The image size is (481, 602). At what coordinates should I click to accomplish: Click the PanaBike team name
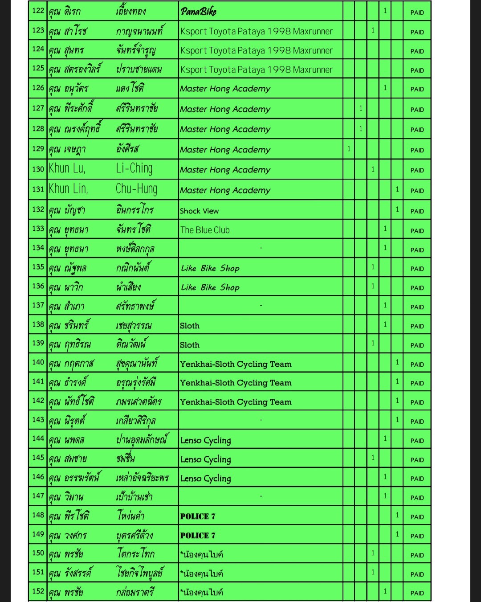tap(199, 12)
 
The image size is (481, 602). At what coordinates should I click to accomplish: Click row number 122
tap(38, 11)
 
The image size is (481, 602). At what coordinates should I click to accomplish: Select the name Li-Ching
tap(134, 168)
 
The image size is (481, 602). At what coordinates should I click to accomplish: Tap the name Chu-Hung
tap(136, 189)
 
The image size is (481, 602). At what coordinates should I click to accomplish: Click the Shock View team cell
tap(199, 211)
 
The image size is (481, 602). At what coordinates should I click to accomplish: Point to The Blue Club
tap(205, 230)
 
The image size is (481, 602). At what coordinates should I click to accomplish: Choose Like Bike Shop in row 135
tap(210, 268)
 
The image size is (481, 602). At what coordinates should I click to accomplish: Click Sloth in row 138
tap(190, 326)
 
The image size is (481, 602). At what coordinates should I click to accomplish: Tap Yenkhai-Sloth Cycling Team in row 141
tap(236, 383)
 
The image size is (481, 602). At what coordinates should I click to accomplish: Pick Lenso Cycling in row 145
tap(206, 459)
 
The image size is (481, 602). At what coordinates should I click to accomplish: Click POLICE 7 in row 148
tap(198, 516)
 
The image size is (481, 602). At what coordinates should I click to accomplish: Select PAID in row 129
tap(417, 150)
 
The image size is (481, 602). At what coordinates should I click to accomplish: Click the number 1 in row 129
tap(349, 149)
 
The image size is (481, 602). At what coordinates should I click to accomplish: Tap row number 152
tap(38, 591)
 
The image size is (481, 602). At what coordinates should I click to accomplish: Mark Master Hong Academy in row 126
tap(225, 89)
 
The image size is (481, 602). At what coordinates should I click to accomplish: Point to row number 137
tap(38, 305)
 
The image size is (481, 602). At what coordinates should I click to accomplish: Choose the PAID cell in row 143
tap(417, 422)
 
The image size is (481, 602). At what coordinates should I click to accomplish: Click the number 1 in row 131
tap(397, 189)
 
